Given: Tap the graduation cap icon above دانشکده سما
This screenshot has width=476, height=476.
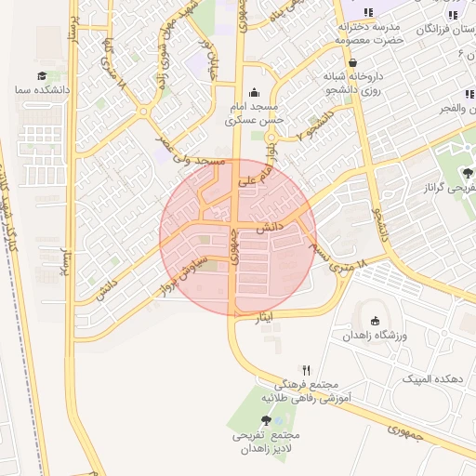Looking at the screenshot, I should point(42,75).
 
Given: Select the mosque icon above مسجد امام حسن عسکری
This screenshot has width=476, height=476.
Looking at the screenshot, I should point(255,91).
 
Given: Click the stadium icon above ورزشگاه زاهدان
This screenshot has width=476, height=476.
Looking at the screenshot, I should point(376,321).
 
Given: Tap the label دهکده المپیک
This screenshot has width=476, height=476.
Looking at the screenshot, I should point(430,379).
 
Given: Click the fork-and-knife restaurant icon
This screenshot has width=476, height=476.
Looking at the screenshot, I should point(305,369).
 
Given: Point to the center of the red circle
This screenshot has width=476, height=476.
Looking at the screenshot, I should point(238,237).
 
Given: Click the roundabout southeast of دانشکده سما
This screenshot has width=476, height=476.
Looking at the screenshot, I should point(144,112).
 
